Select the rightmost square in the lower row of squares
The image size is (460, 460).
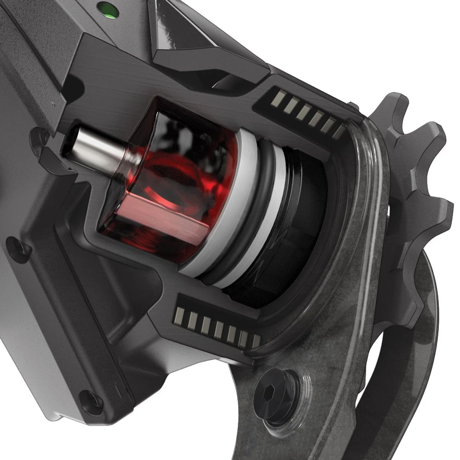pyautogui.click(x=255, y=341)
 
